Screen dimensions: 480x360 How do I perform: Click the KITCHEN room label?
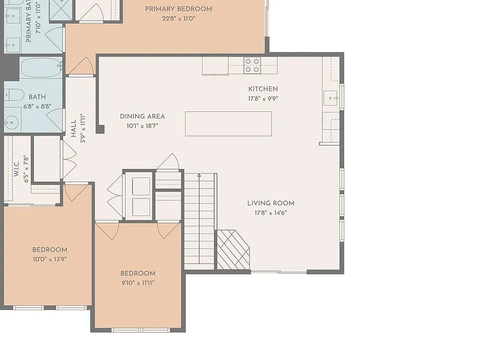click(263, 89)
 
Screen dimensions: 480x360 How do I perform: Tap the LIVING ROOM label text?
click(271, 203)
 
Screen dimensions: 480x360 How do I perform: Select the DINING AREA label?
click(142, 116)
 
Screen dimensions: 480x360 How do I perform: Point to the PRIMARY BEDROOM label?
click(178, 9)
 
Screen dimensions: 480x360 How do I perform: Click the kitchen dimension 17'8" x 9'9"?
click(263, 98)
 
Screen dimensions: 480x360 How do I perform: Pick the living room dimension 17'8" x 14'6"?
click(271, 213)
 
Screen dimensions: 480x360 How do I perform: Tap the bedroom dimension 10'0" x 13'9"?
click(49, 259)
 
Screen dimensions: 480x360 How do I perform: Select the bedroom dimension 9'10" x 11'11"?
click(138, 283)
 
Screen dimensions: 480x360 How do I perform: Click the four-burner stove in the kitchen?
click(252, 65)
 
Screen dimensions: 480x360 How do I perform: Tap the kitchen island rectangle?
click(228, 123)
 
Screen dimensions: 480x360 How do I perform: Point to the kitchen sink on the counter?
click(330, 98)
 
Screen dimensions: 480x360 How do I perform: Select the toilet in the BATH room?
click(14, 95)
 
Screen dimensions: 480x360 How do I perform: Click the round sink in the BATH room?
click(11, 122)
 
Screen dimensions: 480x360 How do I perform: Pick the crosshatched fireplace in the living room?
click(233, 250)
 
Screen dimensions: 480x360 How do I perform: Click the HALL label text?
click(73, 128)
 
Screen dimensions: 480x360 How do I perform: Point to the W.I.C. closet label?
click(16, 168)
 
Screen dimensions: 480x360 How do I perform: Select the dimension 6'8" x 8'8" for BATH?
click(37, 106)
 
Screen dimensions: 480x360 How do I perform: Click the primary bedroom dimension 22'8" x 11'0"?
click(178, 18)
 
